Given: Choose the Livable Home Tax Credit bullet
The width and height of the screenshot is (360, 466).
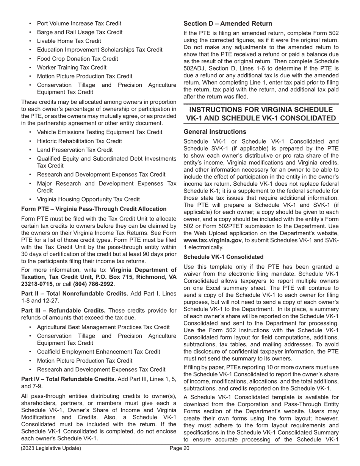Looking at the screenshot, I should pos(69,41).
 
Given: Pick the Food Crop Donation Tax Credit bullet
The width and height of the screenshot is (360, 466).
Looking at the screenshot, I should pos(77,59).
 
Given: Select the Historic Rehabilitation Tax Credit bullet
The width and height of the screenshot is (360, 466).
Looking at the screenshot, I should pos(79,141).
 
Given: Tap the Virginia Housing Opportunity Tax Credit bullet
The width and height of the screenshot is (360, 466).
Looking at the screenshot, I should pos(88,199).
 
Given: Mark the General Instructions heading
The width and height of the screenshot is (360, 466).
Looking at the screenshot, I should pos(215,132).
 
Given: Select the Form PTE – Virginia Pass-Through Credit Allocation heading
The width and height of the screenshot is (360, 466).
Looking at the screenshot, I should pos(94,209).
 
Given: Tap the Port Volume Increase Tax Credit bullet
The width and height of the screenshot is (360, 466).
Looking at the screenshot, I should pos(79,23).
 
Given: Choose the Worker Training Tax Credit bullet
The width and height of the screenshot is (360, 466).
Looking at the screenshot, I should pos(72,67).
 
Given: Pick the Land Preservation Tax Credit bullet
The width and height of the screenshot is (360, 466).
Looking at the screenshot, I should pos(75,150).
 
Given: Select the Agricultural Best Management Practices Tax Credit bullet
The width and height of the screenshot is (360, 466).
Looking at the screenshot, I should pos(103,327).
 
